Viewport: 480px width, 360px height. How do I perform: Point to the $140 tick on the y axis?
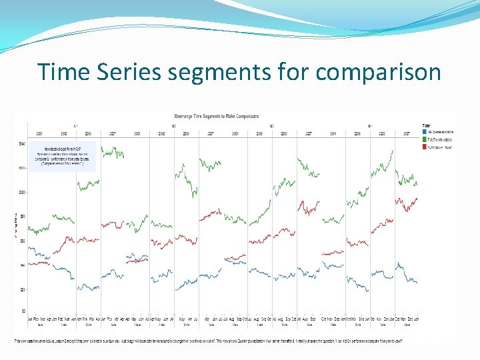click(x=21, y=143)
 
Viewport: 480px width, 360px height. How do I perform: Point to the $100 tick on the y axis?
click(x=21, y=192)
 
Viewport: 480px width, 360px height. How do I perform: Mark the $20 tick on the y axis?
click(x=21, y=289)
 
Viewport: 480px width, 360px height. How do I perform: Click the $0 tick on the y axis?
click(x=23, y=311)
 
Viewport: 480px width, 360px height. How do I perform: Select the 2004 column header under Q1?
click(x=39, y=133)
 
